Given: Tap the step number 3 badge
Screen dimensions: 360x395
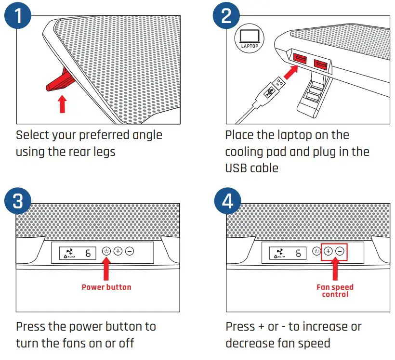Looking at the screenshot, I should [18, 201].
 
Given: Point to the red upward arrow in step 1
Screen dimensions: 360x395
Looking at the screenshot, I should [62, 103].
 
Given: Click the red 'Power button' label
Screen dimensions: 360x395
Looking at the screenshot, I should [106, 287].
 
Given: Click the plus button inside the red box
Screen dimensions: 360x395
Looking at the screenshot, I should [328, 251].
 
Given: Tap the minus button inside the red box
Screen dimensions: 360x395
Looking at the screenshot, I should [340, 251].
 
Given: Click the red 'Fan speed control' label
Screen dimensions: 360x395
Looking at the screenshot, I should [335, 290].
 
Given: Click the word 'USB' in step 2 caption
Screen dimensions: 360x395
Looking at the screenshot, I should [236, 168].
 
